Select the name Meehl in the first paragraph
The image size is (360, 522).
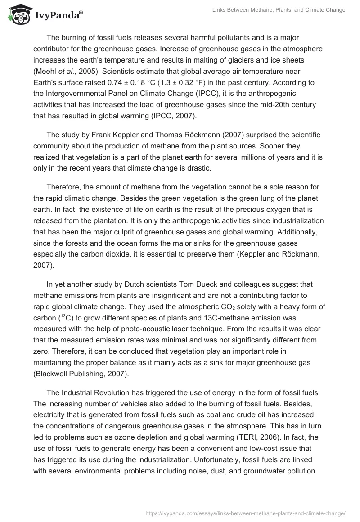47,71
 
